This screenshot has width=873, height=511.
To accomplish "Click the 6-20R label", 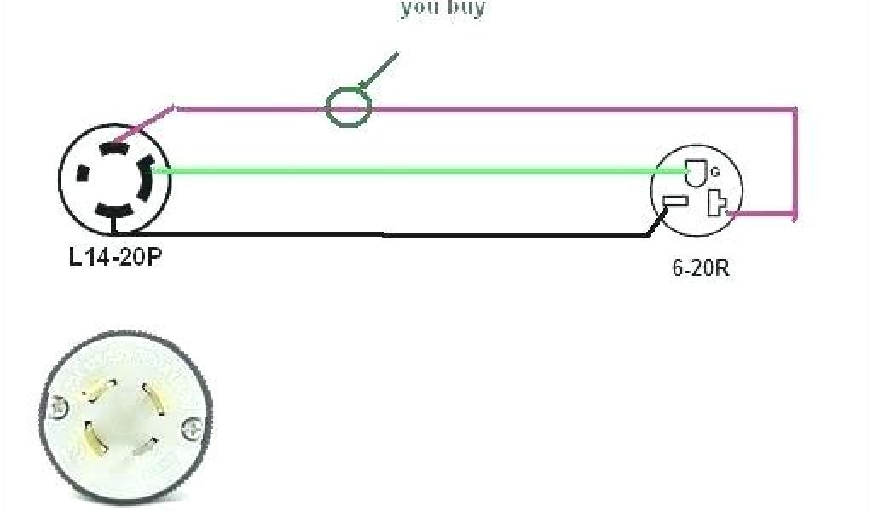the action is point(700,268).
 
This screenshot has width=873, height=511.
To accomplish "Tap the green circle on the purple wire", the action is point(349,107).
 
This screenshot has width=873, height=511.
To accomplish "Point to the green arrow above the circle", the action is point(379,70).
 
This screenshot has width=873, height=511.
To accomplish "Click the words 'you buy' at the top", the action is point(442,9).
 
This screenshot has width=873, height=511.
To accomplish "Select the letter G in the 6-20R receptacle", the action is point(715,172).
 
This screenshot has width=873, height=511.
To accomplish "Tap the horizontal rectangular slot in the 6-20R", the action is point(674,203).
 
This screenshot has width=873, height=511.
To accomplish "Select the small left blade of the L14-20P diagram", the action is point(83,174).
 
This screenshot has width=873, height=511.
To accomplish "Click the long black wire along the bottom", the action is point(384,234).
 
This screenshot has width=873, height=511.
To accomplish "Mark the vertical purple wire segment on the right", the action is point(795,162).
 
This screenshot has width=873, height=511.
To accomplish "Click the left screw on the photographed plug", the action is point(59,408).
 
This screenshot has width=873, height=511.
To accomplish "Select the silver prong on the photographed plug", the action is point(145,445).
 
